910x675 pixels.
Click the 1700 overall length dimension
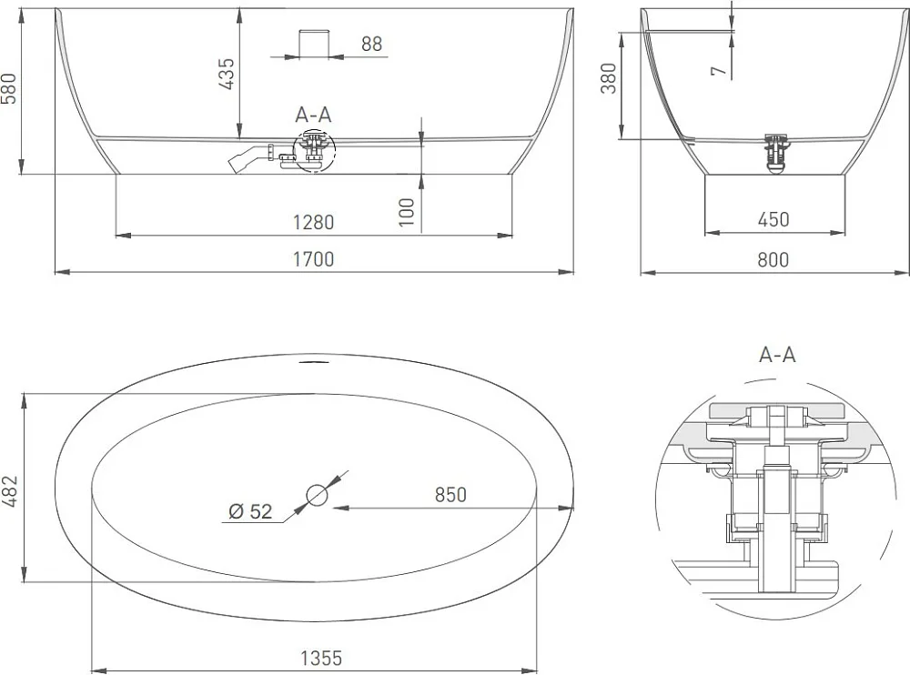(313, 259)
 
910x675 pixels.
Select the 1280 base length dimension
(313, 222)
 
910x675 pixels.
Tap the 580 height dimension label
(10, 88)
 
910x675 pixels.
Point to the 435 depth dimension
(227, 74)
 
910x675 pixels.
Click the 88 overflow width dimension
(372, 44)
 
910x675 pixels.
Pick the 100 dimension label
(408, 213)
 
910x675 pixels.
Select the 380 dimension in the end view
(609, 78)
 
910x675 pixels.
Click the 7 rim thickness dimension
(719, 71)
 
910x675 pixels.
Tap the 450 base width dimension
(773, 219)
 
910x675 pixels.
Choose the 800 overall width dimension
(773, 259)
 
